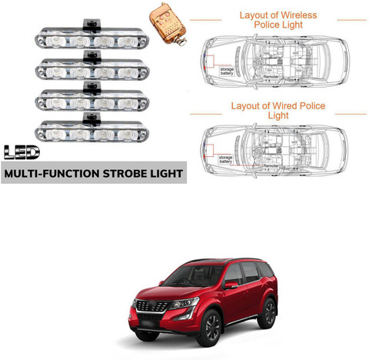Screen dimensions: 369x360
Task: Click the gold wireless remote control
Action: coord(168,24)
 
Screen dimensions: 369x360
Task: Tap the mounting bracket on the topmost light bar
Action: coord(91,25)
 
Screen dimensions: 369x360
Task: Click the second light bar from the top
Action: coord(92,66)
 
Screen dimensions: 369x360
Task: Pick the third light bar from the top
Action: coord(92,97)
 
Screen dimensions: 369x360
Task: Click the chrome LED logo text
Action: coord(22,152)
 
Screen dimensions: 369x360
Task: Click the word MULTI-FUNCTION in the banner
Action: coord(52,174)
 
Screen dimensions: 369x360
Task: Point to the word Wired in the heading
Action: coord(284,106)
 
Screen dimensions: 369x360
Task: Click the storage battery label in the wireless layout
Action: coord(227,72)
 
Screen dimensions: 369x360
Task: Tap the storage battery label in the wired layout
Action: coord(225,159)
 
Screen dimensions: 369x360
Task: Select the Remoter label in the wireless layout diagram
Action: coord(271,77)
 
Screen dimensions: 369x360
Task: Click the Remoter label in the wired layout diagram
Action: coord(271,166)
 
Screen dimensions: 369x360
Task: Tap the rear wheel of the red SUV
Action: coord(268,313)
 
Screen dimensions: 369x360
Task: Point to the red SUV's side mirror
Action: coord(231,285)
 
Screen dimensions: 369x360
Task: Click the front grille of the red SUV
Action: coord(152,306)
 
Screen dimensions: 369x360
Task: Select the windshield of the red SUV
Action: coord(194,276)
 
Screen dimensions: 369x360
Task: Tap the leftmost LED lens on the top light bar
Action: coord(56,42)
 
